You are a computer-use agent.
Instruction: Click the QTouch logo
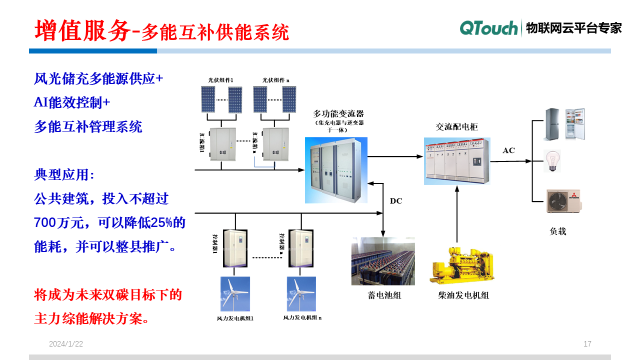(488, 28)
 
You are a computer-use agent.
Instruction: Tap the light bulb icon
(552, 161)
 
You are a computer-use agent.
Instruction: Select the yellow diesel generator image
(461, 265)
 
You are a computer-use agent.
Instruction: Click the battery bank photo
(383, 261)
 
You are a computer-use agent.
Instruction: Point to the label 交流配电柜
(456, 127)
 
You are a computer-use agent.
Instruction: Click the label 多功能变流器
(338, 113)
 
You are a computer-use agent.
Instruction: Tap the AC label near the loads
(508, 150)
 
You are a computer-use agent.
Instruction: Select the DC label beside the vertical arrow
(396, 201)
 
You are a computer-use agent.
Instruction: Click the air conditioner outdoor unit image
(563, 201)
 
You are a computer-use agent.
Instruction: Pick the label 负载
(558, 231)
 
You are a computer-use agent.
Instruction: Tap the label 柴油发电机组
(463, 295)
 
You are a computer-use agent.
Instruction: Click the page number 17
(587, 344)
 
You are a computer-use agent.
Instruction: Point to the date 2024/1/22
(66, 344)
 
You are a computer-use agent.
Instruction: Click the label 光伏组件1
(221, 80)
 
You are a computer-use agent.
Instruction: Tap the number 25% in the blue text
(161, 223)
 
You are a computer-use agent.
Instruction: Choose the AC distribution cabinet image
(456, 160)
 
